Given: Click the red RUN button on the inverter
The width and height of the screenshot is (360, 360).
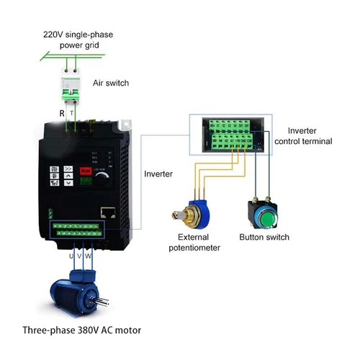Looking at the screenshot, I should (x=85, y=171).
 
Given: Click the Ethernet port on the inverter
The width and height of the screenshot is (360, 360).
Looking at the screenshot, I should (x=107, y=212).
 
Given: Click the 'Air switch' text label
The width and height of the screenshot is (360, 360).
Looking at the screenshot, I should (x=111, y=83).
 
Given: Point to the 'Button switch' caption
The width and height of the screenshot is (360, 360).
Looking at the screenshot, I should (x=264, y=237).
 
